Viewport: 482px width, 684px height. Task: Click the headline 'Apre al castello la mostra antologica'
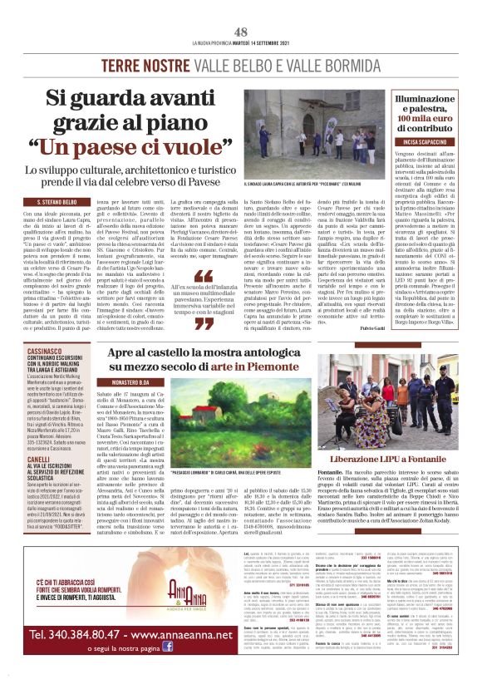[x=234, y=355]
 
